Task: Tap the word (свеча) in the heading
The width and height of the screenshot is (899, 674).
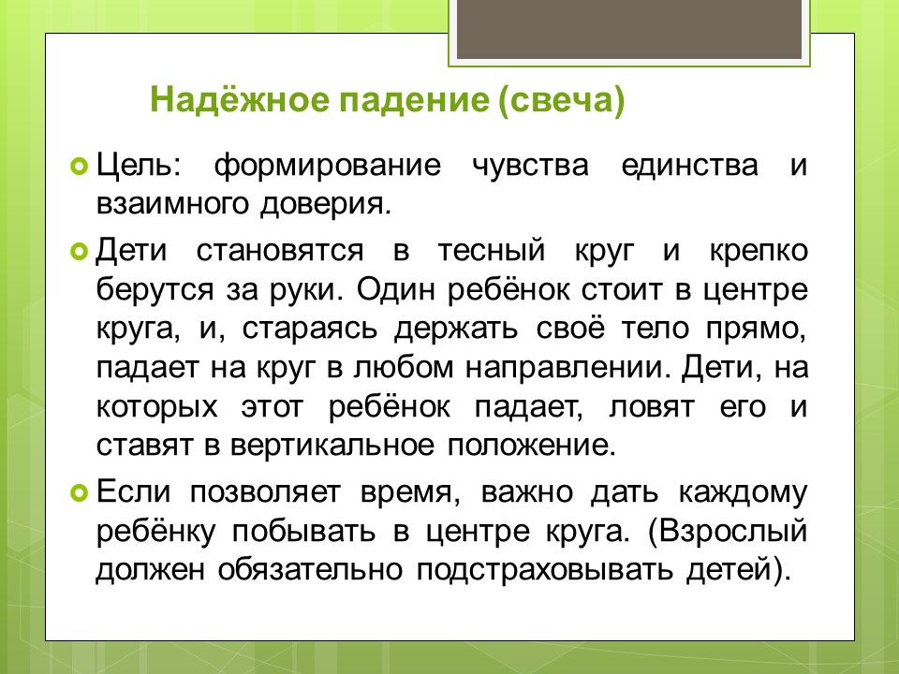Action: point(561,101)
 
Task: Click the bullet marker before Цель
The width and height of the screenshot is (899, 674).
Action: point(79,167)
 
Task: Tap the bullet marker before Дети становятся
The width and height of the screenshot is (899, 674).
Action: point(79,251)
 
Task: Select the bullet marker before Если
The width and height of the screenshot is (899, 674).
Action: point(79,492)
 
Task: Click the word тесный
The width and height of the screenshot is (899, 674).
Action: point(491,251)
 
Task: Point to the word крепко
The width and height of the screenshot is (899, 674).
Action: point(759,252)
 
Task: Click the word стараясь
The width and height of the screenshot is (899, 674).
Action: point(310,330)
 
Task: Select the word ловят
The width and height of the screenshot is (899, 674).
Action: point(652,407)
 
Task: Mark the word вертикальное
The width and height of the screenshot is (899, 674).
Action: point(332,446)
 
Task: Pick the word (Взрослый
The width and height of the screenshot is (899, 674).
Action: point(728,533)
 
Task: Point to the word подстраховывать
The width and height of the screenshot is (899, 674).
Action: point(544,571)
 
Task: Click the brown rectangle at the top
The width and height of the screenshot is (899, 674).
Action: point(629,29)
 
